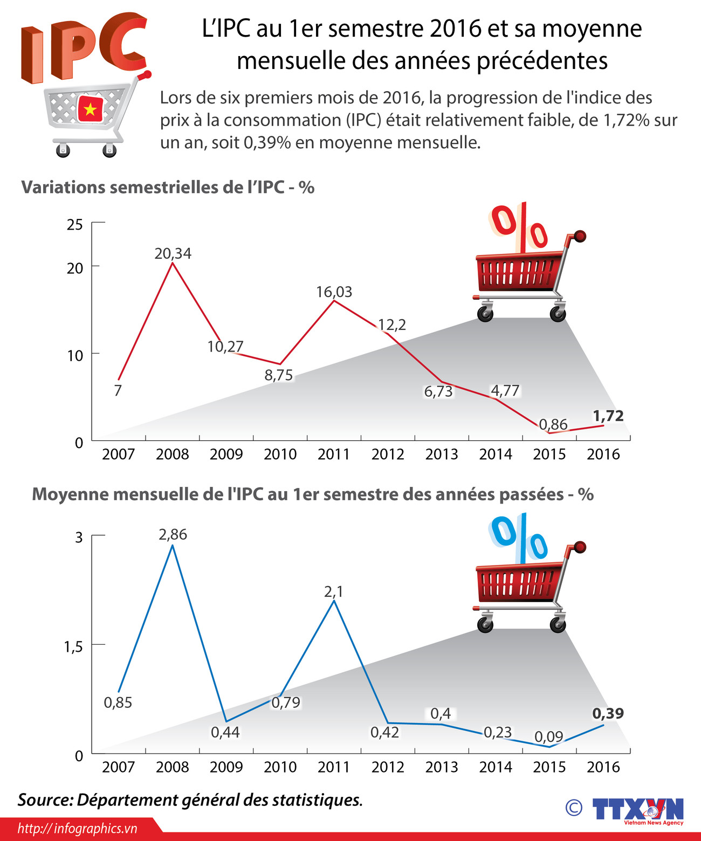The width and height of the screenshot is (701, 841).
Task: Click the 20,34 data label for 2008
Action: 173,253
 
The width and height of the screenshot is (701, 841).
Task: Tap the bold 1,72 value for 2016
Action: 608,416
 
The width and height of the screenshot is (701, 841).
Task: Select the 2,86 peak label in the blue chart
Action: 173,534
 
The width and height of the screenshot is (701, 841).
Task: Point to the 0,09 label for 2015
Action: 548,736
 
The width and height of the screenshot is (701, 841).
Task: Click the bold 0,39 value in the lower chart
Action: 608,713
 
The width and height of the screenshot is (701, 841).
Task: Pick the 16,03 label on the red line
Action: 334,292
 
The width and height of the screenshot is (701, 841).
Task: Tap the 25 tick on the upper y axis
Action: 75,224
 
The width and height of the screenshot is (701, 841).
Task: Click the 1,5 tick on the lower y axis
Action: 73,646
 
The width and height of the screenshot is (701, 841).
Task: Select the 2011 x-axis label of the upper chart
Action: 334,454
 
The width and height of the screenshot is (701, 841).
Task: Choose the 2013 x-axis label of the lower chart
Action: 441,767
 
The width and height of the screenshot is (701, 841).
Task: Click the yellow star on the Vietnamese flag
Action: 90,110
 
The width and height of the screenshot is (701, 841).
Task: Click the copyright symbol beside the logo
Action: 574,807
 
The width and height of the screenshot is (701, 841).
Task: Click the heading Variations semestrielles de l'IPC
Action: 167,187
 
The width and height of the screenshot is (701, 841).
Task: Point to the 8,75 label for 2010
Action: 278,375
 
